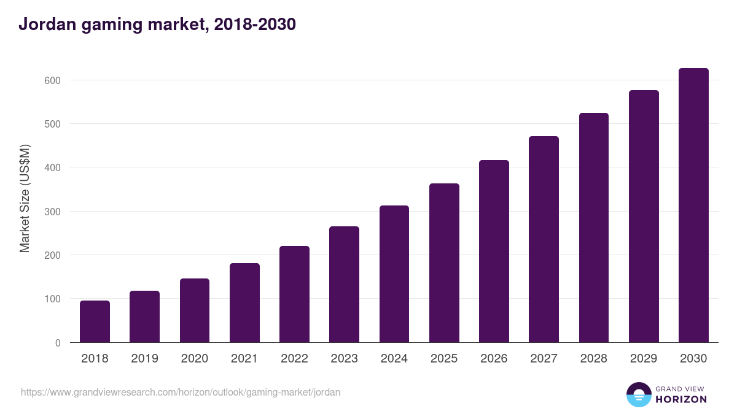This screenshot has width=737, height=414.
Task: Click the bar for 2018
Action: tap(95, 321)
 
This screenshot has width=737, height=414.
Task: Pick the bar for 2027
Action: tap(544, 239)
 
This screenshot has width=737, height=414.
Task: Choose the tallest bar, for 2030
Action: tap(693, 205)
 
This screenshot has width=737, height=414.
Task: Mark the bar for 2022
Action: tap(294, 294)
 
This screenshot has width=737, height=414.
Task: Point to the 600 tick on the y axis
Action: tap(52, 80)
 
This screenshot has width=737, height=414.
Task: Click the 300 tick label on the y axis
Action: tap(52, 212)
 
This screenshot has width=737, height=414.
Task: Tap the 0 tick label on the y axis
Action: tap(58, 343)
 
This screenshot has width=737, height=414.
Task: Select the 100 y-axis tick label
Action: tap(52, 299)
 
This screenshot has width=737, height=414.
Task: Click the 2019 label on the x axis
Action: tap(144, 359)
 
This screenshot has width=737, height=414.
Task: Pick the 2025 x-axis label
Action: tap(444, 359)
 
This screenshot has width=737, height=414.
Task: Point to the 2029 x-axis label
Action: tap(644, 359)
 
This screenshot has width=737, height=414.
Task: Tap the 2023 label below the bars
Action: tap(344, 359)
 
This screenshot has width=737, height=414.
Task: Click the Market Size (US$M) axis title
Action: tap(25, 198)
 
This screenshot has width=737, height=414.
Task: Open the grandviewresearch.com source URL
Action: tap(181, 392)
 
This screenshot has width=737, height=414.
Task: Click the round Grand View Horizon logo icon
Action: tap(638, 394)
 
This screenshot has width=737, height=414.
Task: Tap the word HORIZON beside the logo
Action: tap(681, 399)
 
